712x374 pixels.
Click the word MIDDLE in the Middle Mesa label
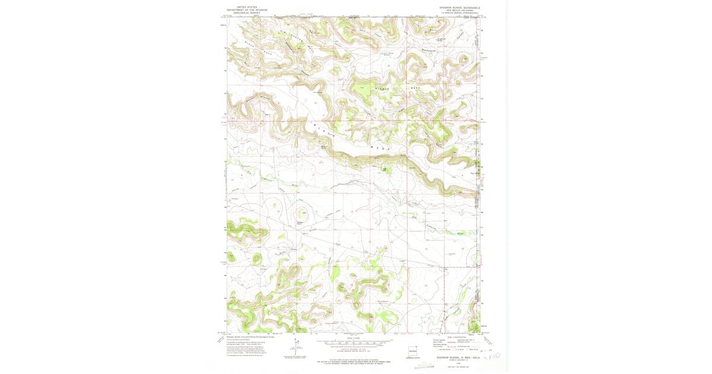point(383,89)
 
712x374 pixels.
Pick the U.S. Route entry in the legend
point(460,350)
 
